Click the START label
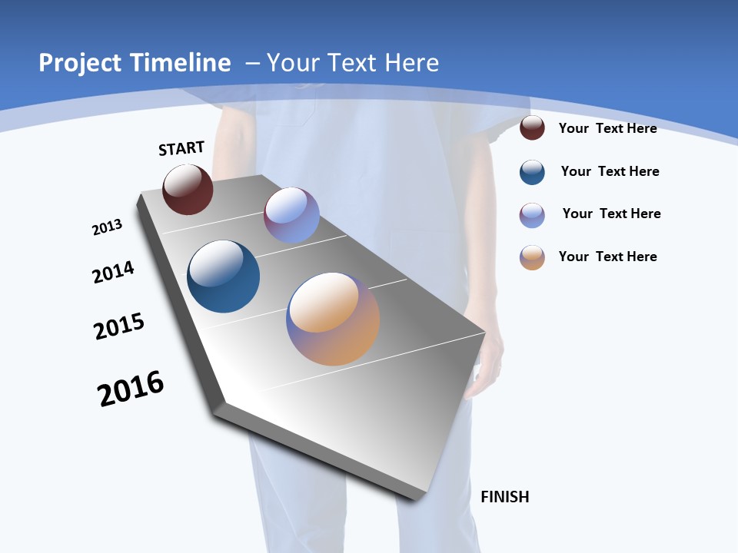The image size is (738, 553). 181,148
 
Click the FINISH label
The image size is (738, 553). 505,497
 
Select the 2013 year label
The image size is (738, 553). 108,227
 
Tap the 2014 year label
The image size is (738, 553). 114,272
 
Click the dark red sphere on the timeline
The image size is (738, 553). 188,190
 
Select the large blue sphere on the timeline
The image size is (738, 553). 223,276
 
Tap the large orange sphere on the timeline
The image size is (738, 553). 333,318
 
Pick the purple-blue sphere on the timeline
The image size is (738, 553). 291,215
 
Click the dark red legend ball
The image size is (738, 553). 532,127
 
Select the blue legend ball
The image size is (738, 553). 532,172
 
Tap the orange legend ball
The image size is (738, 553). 532,257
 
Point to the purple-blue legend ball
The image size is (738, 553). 532,214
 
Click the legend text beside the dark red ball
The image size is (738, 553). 607,128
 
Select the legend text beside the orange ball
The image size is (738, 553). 607,257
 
